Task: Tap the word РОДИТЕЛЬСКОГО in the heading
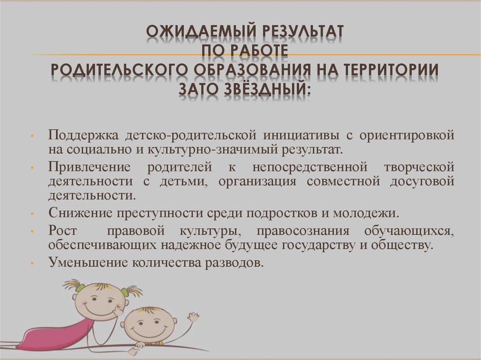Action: tap(118, 70)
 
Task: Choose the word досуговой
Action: tap(421, 181)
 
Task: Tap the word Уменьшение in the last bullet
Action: tap(84, 263)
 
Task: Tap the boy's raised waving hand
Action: tap(192, 317)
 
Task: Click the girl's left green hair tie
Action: tap(79, 287)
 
